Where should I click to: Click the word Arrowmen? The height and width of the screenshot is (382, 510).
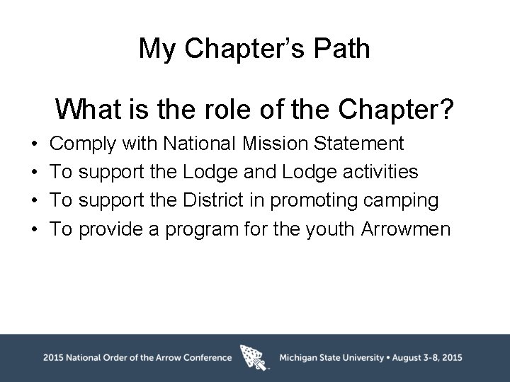tap(405, 229)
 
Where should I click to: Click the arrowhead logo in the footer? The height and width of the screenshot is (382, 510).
tap(255, 357)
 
